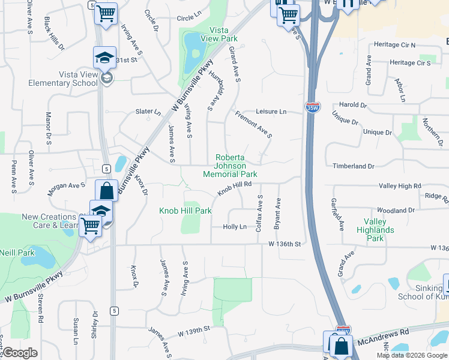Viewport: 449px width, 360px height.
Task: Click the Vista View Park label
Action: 223,34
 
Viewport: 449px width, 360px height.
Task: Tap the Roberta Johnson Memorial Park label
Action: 231,166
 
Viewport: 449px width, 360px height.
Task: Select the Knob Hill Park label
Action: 185,211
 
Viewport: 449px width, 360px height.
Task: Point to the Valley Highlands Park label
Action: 375,230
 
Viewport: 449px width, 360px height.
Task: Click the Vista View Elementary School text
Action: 78,79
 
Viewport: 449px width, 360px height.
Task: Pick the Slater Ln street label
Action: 148,112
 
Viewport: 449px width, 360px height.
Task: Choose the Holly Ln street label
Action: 235,227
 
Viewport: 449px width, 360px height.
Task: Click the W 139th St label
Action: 194,329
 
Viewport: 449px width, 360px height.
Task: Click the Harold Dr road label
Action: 353,104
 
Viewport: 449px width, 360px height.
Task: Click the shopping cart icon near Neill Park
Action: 90,226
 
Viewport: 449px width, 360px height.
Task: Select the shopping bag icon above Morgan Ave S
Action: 106,191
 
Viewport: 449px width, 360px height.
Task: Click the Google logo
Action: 20,353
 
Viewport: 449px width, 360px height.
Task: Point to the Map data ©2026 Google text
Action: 411,355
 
